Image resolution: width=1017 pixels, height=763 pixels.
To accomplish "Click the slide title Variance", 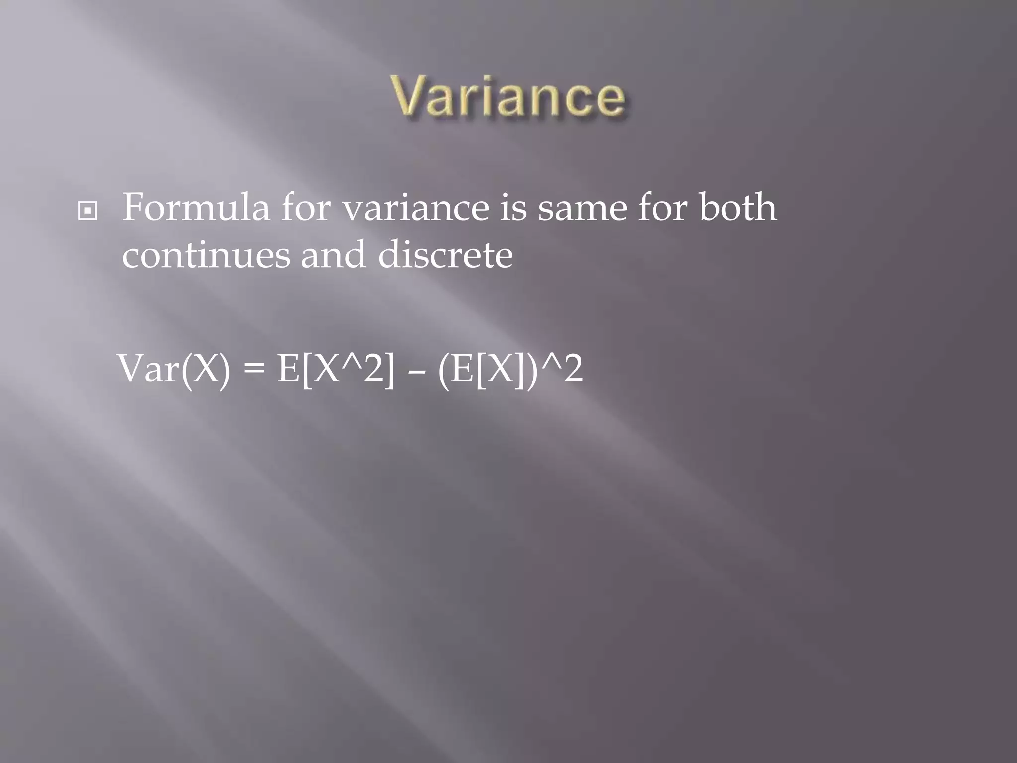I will (x=509, y=96).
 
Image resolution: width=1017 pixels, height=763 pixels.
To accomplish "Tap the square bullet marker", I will (x=88, y=211).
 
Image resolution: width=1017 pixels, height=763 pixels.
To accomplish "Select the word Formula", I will (x=196, y=208).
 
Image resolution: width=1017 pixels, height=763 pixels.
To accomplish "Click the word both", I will (x=738, y=208).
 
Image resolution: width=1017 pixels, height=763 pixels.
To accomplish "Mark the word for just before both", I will (x=663, y=208).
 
